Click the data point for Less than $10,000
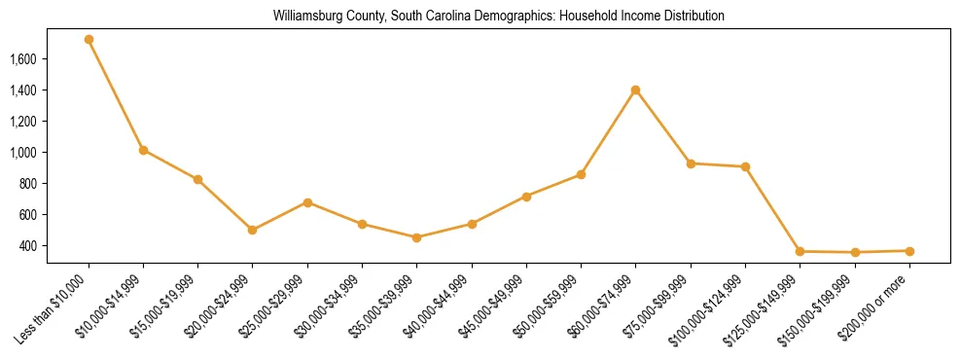89,40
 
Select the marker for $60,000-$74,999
636,90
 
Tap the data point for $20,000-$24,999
253,231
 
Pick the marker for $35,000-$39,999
417,237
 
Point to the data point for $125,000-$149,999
800,252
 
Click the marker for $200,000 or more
909,251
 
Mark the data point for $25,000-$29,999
307,202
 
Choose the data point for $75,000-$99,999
691,163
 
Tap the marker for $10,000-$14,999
143,150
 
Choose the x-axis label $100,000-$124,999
715,306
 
